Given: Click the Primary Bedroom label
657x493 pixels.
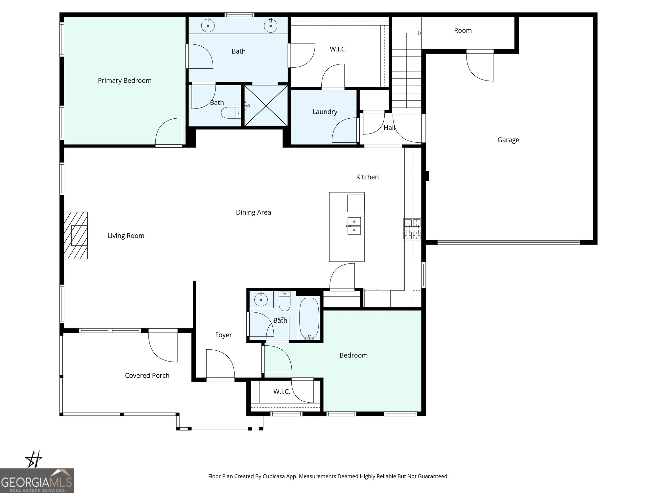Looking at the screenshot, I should coord(125,81).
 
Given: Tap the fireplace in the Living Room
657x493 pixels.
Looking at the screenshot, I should coord(76,235).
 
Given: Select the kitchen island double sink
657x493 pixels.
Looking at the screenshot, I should coord(354,226).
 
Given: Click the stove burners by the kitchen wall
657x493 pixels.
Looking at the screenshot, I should coord(412,229).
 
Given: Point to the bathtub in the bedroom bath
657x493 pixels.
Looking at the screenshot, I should coord(309,318).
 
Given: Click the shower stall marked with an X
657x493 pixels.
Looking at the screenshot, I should coord(266,106).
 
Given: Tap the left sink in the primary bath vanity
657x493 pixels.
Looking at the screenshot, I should coord(208,25).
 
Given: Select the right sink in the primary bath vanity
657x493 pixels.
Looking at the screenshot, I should coord(270,25).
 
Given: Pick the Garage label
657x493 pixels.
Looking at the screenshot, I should coord(508,140).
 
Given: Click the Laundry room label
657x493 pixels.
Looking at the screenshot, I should coord(325,112).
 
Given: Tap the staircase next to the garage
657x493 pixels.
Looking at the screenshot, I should coord(406,79).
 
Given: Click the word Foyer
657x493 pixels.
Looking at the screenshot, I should coord(223,335).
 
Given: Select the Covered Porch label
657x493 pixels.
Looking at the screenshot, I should coord(147,375).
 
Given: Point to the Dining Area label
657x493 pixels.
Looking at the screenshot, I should coord(253,212).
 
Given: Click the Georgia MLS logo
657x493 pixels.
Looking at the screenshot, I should coord(37,481).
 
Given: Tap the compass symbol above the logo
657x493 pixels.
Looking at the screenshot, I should coord(34,459).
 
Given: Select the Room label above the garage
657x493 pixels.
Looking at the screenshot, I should coord(463,31).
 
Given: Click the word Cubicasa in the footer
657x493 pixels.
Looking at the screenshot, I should coord(273,476).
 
